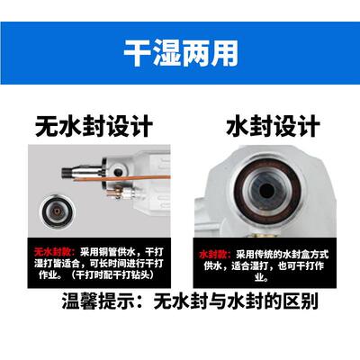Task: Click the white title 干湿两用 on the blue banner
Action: pos(180,52)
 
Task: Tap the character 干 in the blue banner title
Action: pos(137,52)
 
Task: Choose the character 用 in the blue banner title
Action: pos(224,52)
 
